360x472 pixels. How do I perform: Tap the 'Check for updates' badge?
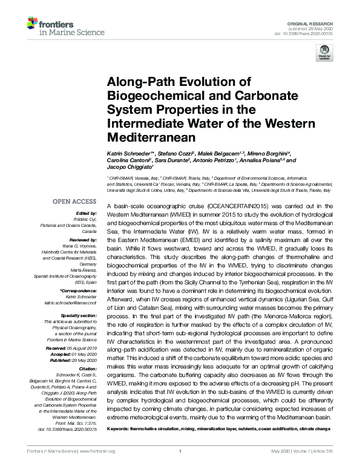[325, 55]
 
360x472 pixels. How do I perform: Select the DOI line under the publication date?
[308, 34]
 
